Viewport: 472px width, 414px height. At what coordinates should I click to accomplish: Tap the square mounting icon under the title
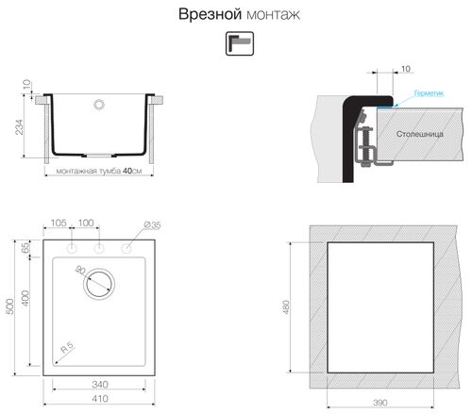click(235, 44)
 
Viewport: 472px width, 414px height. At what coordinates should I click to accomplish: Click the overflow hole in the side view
click(98, 105)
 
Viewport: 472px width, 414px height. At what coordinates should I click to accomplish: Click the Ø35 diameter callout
click(151, 224)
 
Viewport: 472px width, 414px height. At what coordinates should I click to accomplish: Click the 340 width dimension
click(98, 384)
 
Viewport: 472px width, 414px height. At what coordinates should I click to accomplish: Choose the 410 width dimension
click(98, 399)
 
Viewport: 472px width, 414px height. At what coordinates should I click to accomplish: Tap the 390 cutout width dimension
click(379, 402)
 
